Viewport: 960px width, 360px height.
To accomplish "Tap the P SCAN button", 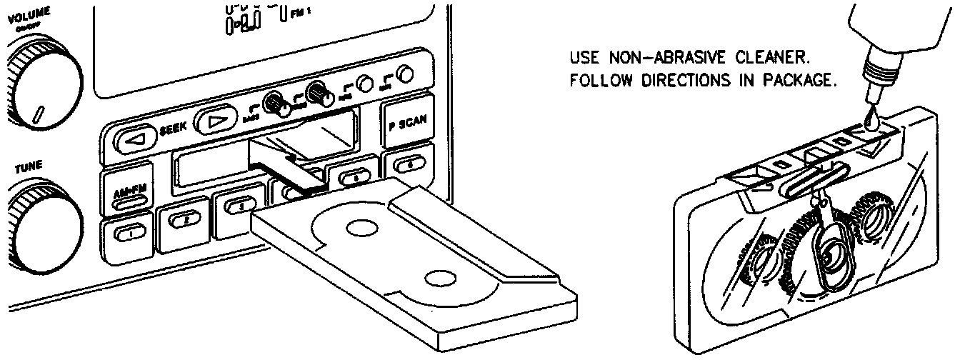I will coord(408,121).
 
